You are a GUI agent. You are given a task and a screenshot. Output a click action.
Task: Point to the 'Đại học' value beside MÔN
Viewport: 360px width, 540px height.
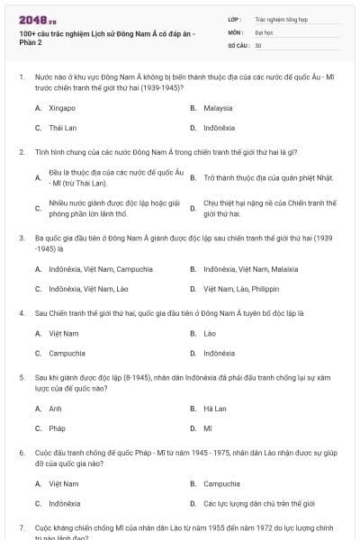(x=265, y=31)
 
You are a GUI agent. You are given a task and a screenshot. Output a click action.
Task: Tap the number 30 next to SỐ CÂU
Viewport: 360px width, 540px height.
(x=258, y=44)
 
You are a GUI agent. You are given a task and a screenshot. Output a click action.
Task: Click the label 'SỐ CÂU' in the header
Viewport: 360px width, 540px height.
(x=237, y=44)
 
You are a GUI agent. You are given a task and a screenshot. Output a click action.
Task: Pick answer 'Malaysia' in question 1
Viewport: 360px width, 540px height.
(x=218, y=107)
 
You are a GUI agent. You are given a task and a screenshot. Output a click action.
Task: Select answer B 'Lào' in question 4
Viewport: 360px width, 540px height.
(x=210, y=333)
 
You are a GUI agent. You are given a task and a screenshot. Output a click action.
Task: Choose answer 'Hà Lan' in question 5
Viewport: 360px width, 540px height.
(x=214, y=408)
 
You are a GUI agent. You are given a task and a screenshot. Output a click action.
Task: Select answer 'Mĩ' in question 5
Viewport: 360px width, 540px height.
(x=208, y=428)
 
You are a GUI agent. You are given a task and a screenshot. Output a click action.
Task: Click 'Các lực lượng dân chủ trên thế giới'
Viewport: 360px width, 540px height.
(x=259, y=503)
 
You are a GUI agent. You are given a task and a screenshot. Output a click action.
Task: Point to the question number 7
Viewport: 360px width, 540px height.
(x=21, y=526)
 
